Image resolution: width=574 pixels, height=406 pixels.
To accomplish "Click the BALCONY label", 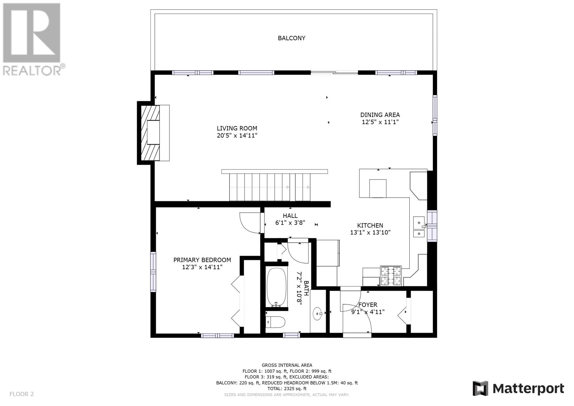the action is [292, 38].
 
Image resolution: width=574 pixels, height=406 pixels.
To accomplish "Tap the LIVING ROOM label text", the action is [237, 129].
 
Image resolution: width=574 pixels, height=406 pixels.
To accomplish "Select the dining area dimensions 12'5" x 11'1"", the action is [380, 122].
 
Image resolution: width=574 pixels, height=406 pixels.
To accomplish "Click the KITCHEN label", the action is [370, 225].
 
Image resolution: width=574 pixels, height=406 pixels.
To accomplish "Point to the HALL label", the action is [290, 216].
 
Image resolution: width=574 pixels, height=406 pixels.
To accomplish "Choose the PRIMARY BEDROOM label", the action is [202, 260].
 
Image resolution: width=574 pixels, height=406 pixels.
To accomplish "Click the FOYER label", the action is [368, 305].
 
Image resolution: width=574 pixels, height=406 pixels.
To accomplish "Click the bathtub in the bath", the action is [277, 287].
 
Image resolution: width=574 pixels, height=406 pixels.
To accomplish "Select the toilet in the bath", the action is [276, 322].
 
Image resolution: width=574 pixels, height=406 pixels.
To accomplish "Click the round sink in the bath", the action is [318, 313].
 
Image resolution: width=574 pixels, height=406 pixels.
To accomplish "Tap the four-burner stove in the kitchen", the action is [391, 276].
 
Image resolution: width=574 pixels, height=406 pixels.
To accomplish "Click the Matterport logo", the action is [518, 388].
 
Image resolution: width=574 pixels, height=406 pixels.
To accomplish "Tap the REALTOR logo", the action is [33, 40].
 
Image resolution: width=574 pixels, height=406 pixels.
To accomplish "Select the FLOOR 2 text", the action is [22, 394].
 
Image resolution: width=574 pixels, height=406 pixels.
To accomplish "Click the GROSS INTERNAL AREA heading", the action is [287, 365].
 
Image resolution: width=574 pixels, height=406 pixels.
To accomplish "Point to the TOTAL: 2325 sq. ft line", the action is [287, 388].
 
